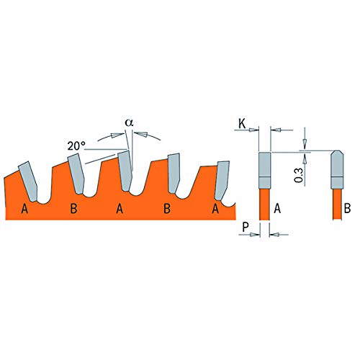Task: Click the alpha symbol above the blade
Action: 129,123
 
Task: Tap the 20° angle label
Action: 76,146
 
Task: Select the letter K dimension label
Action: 242,124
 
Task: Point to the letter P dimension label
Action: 245,227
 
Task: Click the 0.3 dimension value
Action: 299,175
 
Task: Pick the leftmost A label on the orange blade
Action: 24,209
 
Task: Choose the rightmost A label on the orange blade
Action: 215,209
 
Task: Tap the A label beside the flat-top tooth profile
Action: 277,208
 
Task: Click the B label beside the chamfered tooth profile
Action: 347,208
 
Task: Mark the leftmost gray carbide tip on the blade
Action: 28,181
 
